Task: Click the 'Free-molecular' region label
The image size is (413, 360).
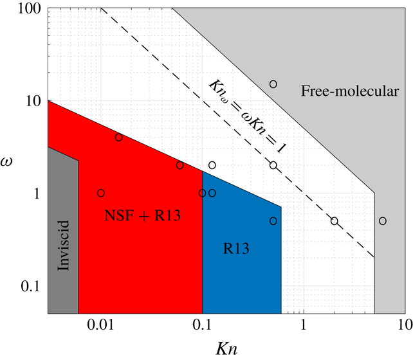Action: [350, 92]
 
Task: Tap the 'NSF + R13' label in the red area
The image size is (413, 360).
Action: [142, 217]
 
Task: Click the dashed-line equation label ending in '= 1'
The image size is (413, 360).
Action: [248, 118]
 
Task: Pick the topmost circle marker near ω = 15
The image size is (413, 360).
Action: [273, 84]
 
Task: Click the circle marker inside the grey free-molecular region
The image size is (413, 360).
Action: [383, 221]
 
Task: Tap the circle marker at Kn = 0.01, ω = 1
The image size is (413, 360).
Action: [101, 193]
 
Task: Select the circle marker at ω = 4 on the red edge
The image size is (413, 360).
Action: [118, 138]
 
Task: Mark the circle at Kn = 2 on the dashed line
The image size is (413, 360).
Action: [335, 221]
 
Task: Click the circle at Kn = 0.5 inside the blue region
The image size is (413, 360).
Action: [273, 221]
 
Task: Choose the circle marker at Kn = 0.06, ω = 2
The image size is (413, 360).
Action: [179, 165]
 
